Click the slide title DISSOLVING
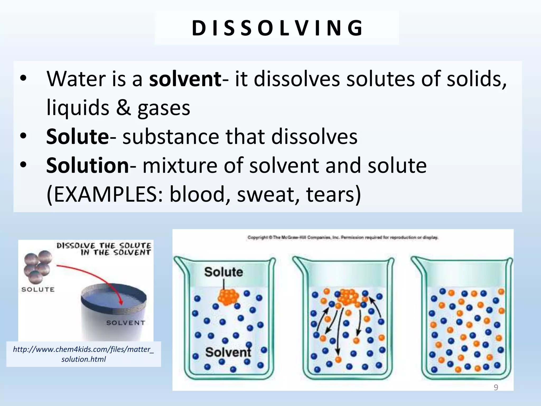[x=277, y=28]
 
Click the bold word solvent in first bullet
[x=185, y=79]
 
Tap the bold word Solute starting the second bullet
[x=77, y=137]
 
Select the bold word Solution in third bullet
[x=87, y=166]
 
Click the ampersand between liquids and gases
[x=123, y=108]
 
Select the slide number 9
[x=496, y=387]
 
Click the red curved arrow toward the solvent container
[x=92, y=275]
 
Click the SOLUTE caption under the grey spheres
[x=38, y=290]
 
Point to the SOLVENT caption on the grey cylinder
[x=125, y=323]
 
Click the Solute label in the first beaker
[x=223, y=272]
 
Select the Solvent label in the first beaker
[x=228, y=352]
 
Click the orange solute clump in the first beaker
[x=228, y=297]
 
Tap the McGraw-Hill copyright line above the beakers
[x=343, y=237]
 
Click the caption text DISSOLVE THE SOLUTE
[x=104, y=246]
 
